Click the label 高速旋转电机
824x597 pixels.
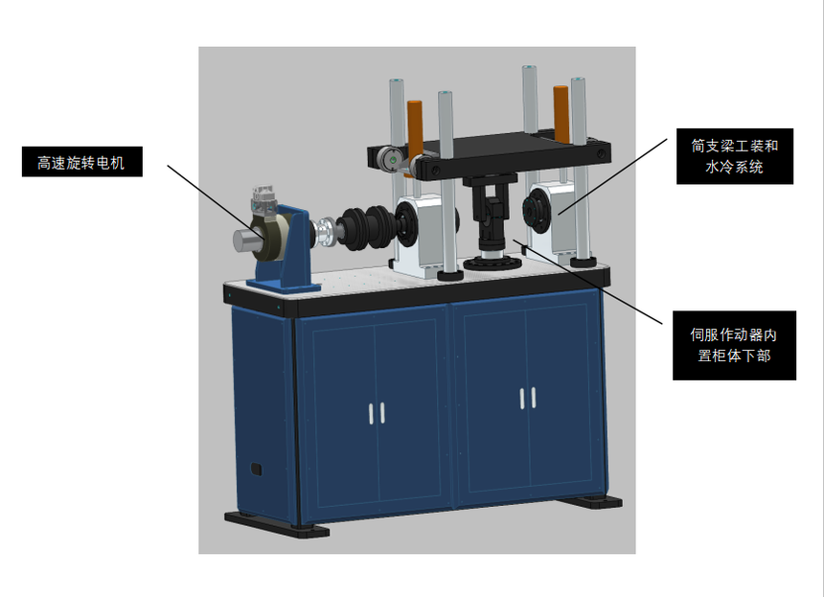pos(81,162)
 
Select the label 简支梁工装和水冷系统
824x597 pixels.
pos(735,156)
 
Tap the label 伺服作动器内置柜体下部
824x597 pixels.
pos(734,345)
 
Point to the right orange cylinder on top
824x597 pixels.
pos(561,114)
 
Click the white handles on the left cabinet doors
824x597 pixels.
pos(377,413)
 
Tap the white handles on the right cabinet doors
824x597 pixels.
pos(528,398)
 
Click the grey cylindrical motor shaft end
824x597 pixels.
pos(246,241)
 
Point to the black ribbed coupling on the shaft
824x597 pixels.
pos(366,227)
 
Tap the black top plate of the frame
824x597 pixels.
pos(489,155)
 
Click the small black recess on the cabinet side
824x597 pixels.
pos(256,469)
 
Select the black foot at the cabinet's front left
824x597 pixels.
pos(276,525)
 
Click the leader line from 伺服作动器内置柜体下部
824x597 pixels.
pos(587,281)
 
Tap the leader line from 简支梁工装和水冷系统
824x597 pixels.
pos(613,176)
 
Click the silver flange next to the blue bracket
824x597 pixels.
pos(323,233)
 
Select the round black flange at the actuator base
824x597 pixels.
pos(492,262)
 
